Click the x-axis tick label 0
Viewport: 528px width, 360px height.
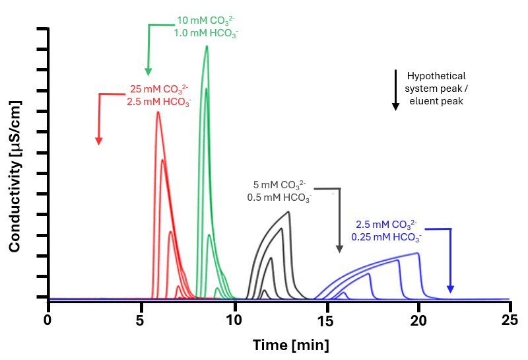coord(48,320)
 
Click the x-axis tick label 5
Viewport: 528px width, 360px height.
coord(140,320)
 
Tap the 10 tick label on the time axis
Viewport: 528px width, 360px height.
coord(233,320)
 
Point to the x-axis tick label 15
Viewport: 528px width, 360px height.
coord(325,320)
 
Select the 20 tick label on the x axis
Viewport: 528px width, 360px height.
coord(418,320)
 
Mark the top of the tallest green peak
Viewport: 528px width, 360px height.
coord(207,46)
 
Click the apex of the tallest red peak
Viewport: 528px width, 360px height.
coord(158,112)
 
